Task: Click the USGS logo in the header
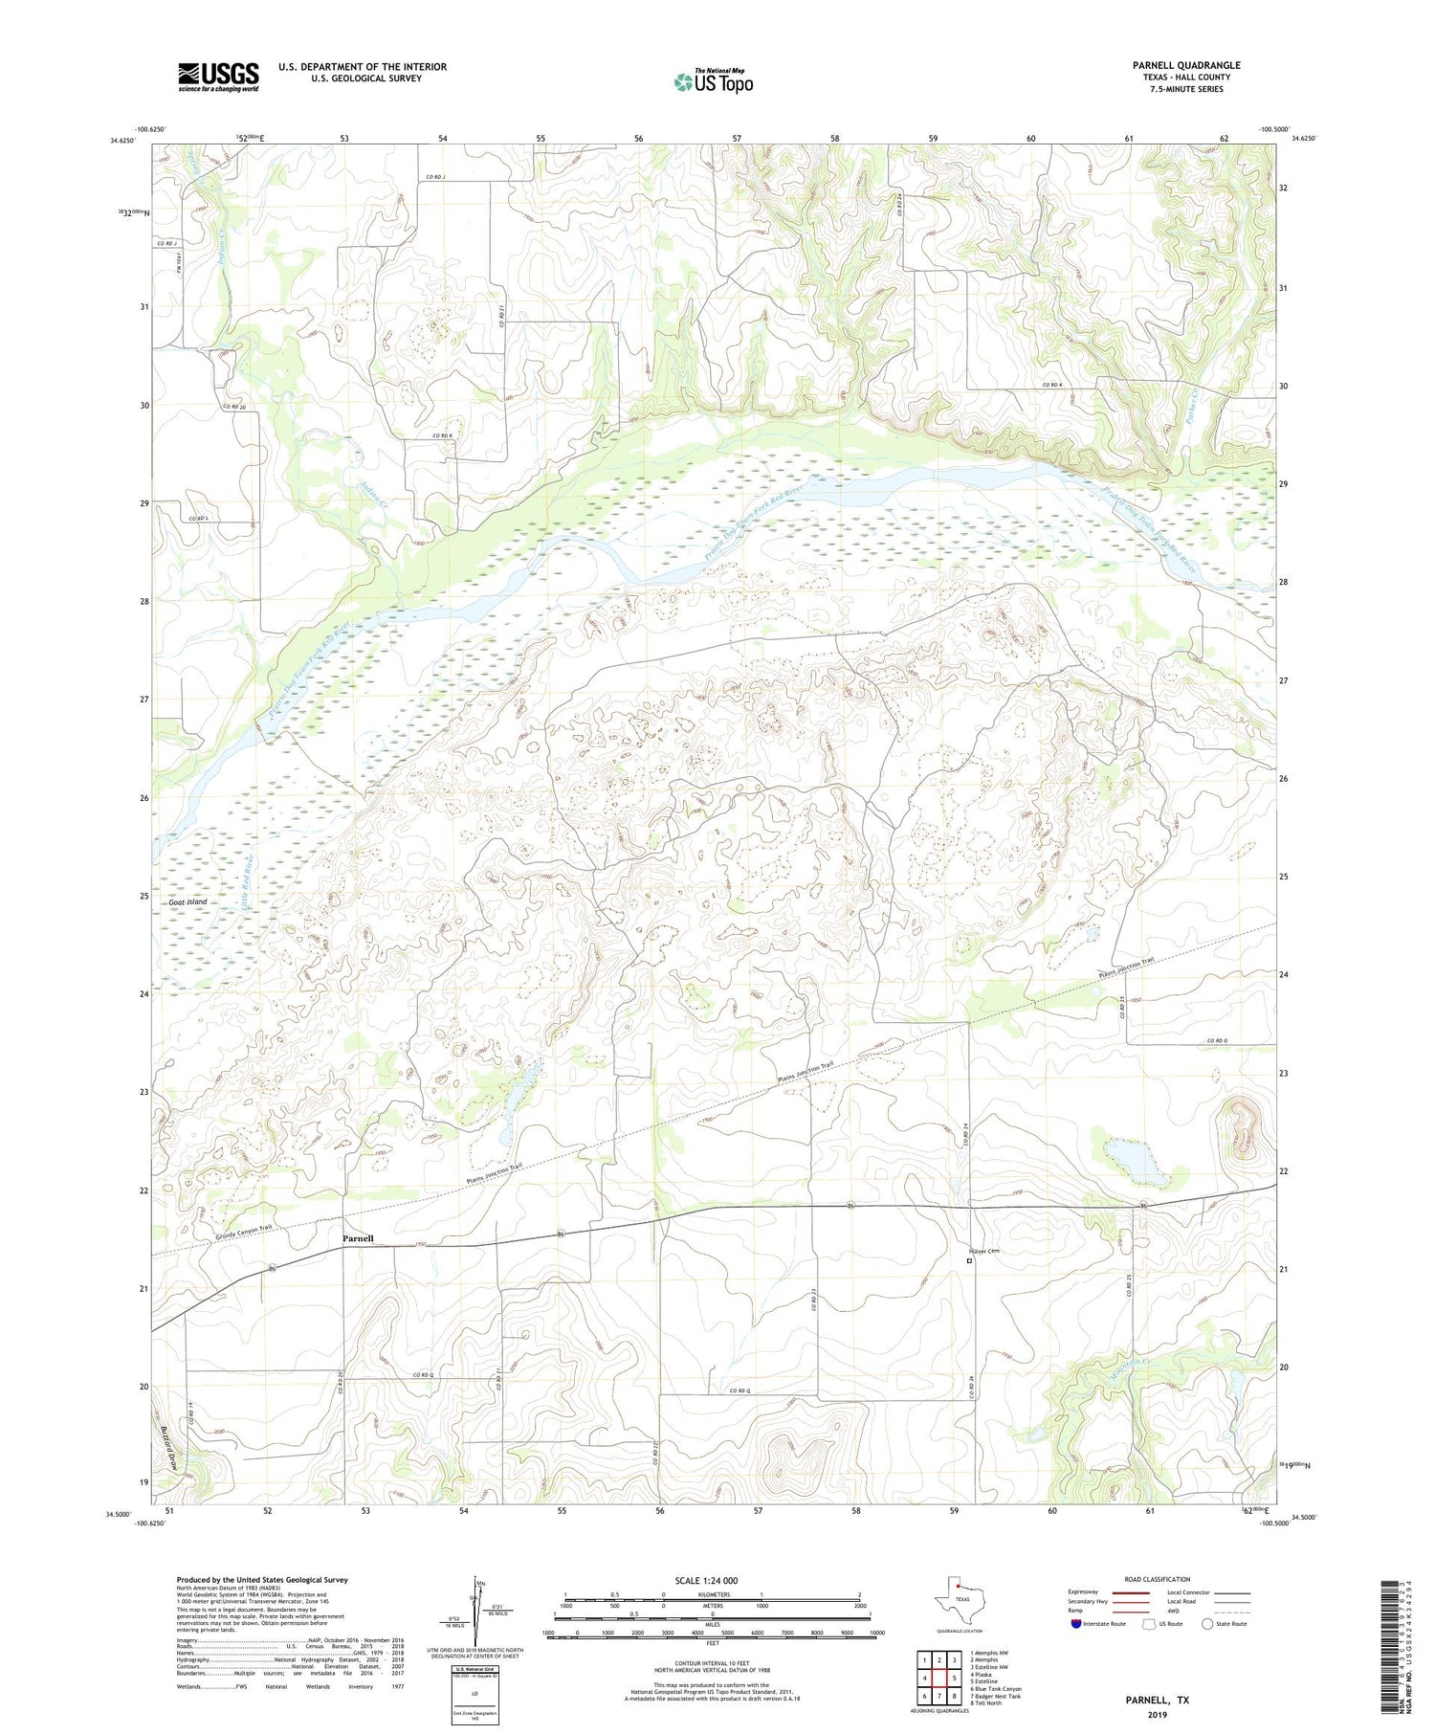point(218,77)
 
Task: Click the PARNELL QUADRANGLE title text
point(1185,65)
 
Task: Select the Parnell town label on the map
point(358,1238)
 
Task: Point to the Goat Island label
point(188,902)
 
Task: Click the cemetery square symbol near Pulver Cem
point(969,1261)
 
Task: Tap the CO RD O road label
point(1216,1040)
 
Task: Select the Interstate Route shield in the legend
point(1076,1624)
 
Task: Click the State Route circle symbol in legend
point(1208,1624)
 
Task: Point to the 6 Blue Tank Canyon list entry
point(995,1689)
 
